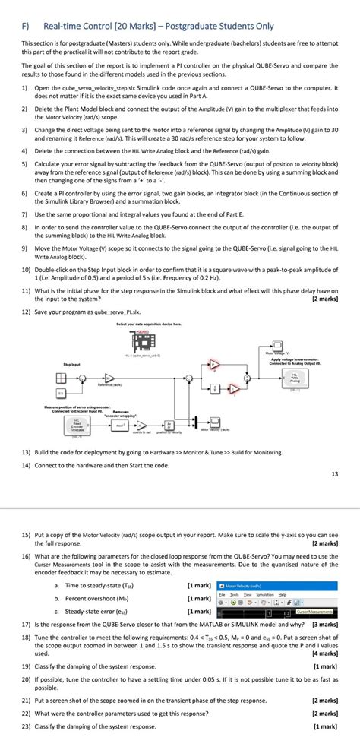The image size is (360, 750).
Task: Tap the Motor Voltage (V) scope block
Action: coord(277,347)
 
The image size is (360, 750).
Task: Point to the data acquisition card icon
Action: coord(142,337)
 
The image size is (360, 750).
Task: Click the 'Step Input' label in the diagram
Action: coord(72,364)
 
